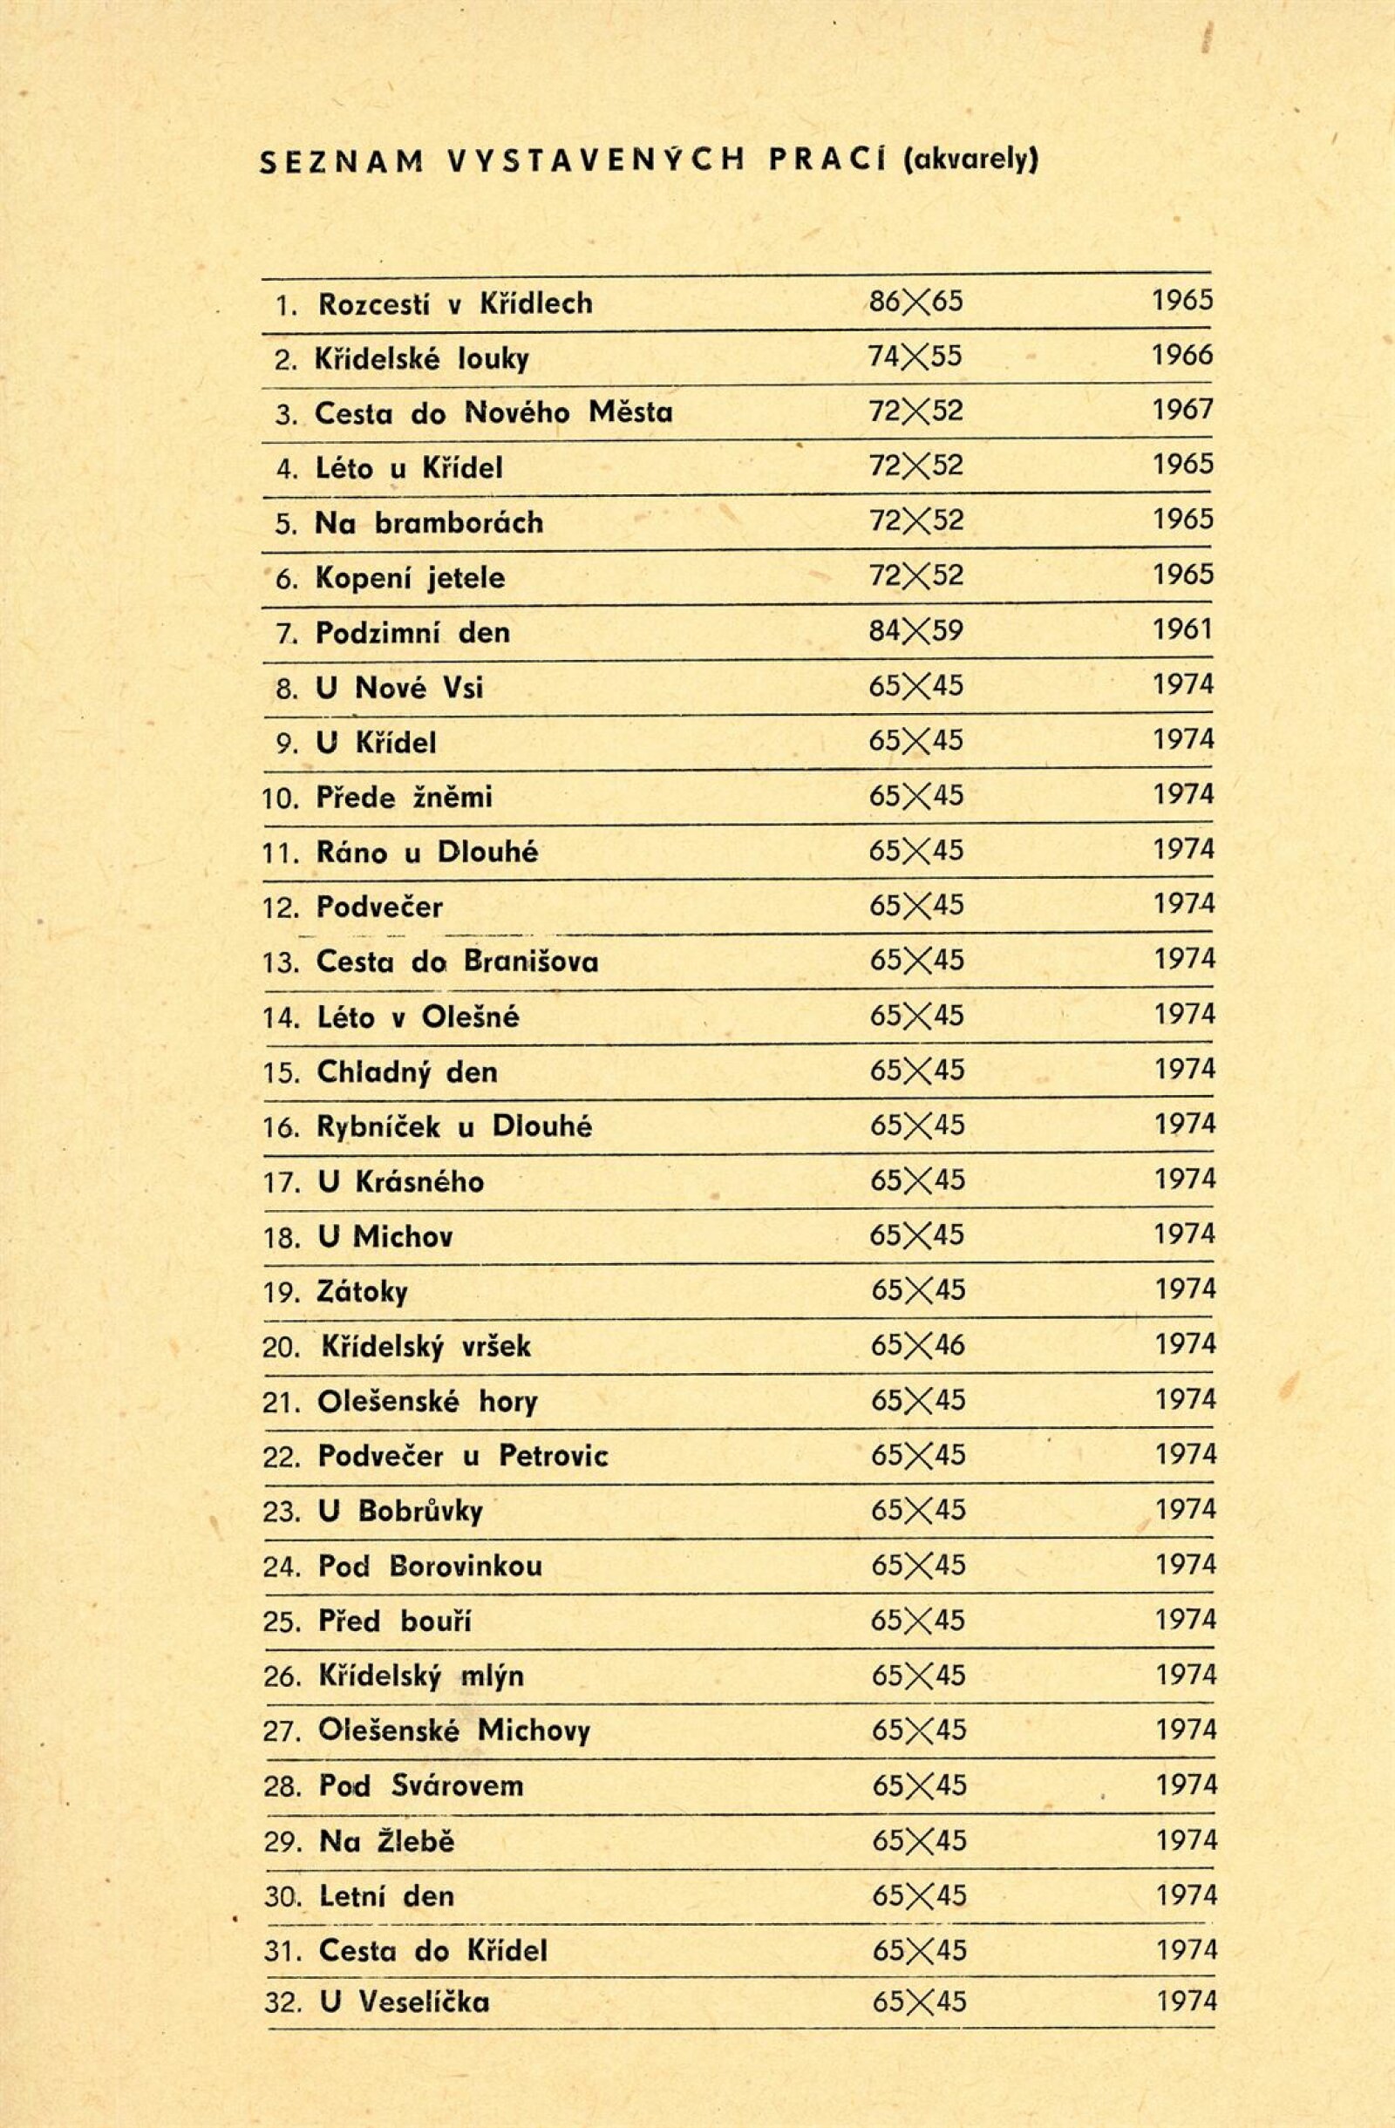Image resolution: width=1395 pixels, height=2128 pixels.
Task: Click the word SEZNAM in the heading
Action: pos(340,161)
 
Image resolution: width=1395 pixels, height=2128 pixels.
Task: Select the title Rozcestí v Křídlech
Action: pos(455,304)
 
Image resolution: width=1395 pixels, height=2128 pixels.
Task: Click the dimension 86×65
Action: pos(915,302)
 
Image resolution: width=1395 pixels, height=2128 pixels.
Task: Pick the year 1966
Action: pos(1182,356)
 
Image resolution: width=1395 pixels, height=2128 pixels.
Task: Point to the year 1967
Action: pos(1182,411)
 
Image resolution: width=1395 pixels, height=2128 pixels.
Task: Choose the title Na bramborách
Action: pos(429,523)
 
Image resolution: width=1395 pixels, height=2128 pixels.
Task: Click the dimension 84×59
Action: pos(915,631)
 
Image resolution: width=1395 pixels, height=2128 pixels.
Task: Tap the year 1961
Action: pos(1182,630)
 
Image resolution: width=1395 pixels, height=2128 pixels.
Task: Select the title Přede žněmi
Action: pos(405,798)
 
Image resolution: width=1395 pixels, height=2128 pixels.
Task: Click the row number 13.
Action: pos(279,963)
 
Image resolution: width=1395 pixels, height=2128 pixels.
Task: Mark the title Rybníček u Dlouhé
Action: pos(454,1127)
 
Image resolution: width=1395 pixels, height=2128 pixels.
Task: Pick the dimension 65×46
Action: pos(917,1346)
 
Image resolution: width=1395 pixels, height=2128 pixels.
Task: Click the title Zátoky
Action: pos(362,1293)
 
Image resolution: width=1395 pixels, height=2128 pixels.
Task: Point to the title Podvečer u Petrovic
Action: pos(463,1457)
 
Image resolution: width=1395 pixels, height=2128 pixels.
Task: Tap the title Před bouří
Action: pos(395,1621)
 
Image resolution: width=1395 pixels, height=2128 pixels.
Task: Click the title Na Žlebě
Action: pos(387,1842)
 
